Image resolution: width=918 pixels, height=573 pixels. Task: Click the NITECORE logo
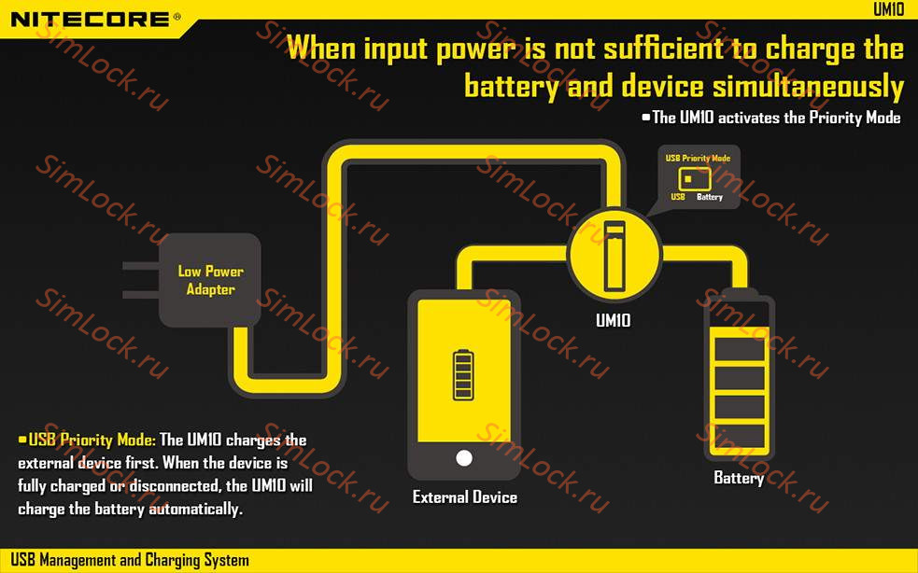(91, 19)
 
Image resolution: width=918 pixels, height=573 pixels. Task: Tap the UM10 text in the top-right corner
(888, 8)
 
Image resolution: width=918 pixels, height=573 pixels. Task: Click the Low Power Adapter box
(210, 280)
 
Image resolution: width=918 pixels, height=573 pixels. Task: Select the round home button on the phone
(463, 457)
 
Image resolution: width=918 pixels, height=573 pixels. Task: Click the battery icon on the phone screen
(463, 373)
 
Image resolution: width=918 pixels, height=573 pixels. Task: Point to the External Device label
(465, 497)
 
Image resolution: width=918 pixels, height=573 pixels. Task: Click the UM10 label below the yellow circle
(614, 320)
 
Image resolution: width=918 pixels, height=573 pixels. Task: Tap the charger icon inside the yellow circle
(614, 255)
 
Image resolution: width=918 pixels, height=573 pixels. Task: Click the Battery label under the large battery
(739, 478)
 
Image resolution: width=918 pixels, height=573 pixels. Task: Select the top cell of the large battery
(739, 349)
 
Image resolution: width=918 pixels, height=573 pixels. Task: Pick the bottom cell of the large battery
(739, 436)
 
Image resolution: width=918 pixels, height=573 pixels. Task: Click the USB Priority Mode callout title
(698, 159)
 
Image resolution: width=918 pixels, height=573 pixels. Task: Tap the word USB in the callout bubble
(678, 197)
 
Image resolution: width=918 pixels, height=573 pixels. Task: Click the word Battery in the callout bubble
(710, 197)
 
